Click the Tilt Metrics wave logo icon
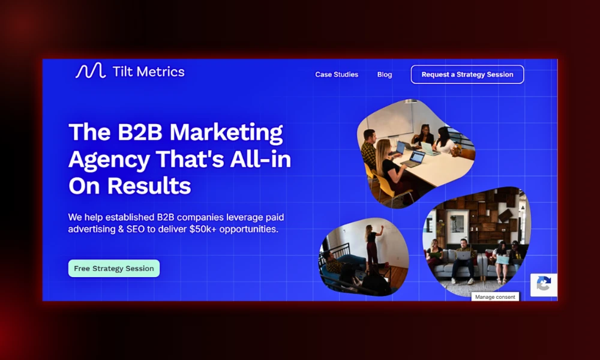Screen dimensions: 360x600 click(x=90, y=71)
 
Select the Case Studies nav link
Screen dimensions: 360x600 click(x=337, y=74)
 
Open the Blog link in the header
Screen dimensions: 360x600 click(x=385, y=74)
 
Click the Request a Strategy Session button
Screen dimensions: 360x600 click(x=467, y=74)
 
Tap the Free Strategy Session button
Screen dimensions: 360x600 click(x=114, y=268)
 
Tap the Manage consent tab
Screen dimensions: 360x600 click(x=495, y=297)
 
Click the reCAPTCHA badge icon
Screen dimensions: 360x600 click(x=544, y=284)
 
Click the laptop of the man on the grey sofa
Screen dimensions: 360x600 click(x=463, y=255)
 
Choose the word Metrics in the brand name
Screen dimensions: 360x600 click(x=160, y=72)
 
